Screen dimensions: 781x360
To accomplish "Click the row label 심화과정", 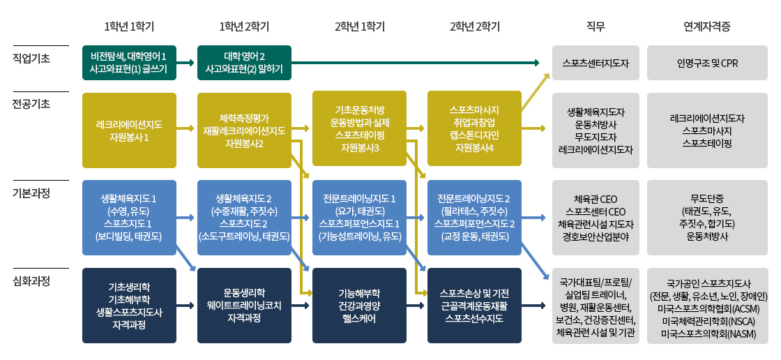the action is pyautogui.click(x=31, y=280).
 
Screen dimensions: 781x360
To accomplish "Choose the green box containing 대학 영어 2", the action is pyautogui.click(x=244, y=63).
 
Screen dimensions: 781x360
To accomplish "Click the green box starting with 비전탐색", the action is pyautogui.click(x=129, y=63).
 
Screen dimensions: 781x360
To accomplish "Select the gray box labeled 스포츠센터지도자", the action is pyautogui.click(x=596, y=63).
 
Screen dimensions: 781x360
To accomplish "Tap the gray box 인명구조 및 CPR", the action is pyautogui.click(x=707, y=63).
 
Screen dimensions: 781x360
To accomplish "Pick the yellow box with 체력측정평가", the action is pyautogui.click(x=244, y=130).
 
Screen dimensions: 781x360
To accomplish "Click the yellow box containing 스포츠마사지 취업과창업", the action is pyautogui.click(x=474, y=128).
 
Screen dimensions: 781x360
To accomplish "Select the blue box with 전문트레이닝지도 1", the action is pyautogui.click(x=359, y=218).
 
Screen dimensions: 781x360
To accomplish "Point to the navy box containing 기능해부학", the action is pyautogui.click(x=359, y=306).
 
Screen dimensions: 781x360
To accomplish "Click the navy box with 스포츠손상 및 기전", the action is pyautogui.click(x=474, y=306).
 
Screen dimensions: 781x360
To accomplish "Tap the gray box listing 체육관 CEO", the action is pyautogui.click(x=596, y=218).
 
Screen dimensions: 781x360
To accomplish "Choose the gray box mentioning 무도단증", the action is pyautogui.click(x=707, y=218).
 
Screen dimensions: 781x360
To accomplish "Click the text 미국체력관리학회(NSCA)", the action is pyautogui.click(x=707, y=322).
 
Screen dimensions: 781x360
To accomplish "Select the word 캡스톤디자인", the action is pyautogui.click(x=474, y=135).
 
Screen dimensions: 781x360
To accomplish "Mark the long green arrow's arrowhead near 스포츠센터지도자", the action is pyautogui.click(x=537, y=63).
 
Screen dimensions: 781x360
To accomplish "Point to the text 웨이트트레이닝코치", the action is pyautogui.click(x=244, y=306).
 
